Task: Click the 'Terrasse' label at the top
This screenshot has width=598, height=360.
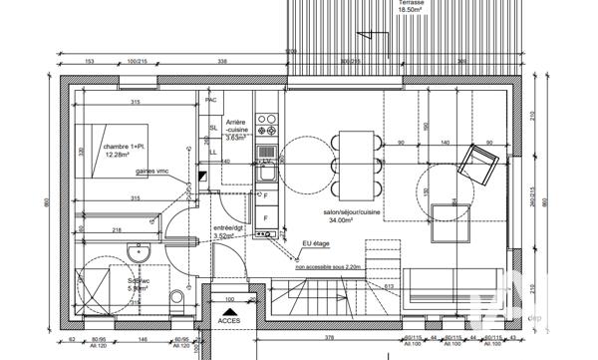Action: click(411, 3)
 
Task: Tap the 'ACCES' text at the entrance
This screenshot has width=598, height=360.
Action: click(229, 321)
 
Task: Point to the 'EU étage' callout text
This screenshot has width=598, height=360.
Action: click(316, 242)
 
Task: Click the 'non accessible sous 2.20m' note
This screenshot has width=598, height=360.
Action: click(329, 267)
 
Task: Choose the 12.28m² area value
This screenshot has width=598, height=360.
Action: click(118, 155)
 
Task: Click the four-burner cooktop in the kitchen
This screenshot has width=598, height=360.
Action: click(267, 125)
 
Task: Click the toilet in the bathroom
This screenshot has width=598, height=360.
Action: click(178, 301)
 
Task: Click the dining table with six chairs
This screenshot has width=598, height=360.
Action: click(355, 165)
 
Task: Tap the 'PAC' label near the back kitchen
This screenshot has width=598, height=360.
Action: click(210, 101)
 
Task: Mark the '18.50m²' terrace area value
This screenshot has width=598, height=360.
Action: click(411, 11)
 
